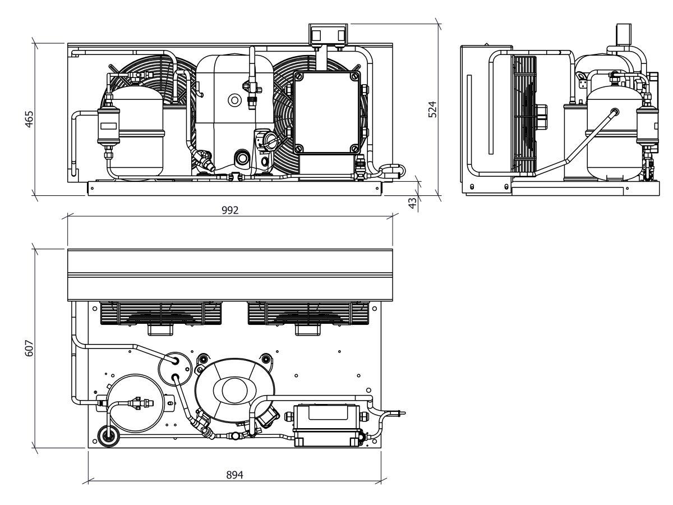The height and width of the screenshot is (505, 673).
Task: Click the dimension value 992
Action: point(230,210)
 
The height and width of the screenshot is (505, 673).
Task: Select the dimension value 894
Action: point(234,475)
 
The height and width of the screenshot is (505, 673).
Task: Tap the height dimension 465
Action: point(29,119)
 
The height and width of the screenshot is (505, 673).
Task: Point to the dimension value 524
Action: point(432,109)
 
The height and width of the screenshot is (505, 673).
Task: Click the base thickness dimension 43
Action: point(413,203)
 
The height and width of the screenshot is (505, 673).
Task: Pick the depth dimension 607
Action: point(29,348)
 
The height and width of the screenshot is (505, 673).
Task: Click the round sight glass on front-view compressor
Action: point(235,100)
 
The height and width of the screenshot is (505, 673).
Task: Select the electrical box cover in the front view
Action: point(327,113)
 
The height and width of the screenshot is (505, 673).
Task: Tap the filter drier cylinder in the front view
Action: point(109,126)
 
